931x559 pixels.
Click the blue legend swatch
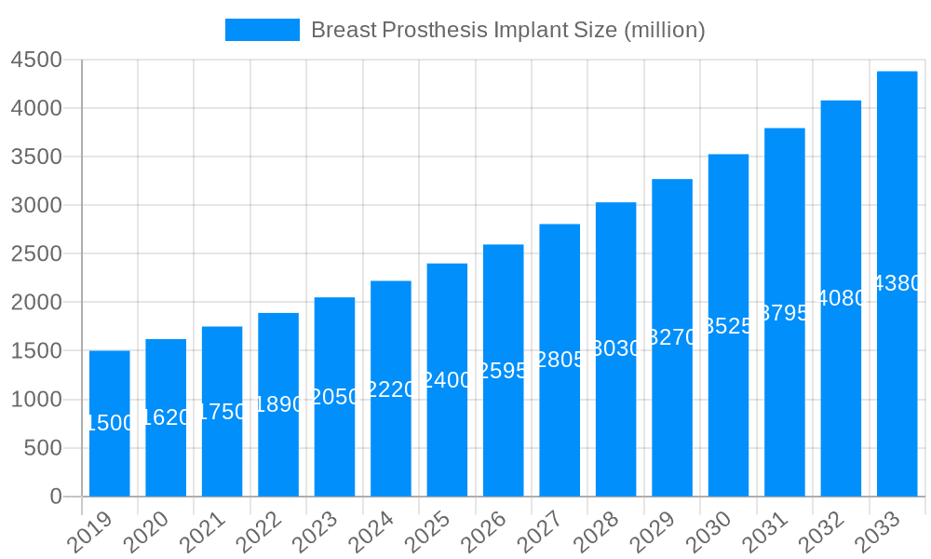tap(263, 30)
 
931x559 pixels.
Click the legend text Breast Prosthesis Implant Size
tap(507, 30)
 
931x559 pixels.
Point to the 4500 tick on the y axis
tap(36, 60)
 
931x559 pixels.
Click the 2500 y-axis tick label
tap(36, 254)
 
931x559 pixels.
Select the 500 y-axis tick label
tap(43, 448)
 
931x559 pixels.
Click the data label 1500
tap(110, 423)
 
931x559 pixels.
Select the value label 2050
tap(334, 398)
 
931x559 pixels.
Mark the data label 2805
tap(560, 360)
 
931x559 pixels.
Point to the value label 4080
tap(841, 298)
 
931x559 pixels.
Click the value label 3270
tap(672, 338)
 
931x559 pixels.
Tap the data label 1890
tap(278, 404)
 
